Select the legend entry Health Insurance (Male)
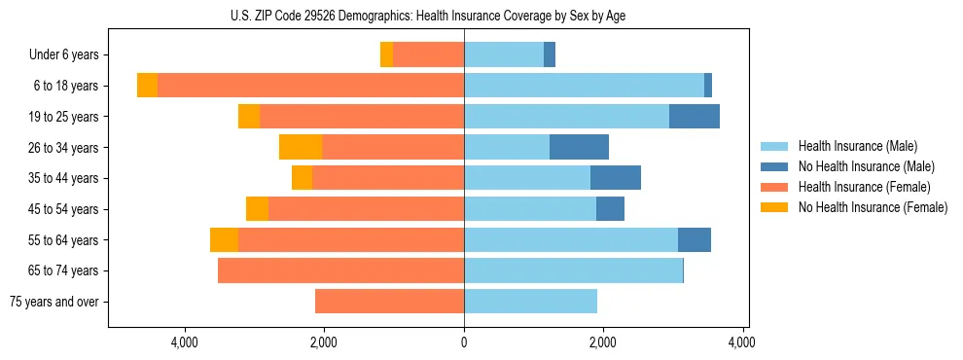coord(857,146)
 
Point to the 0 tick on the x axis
coord(464,342)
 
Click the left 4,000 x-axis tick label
coord(185,342)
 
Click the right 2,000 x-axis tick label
coord(603,342)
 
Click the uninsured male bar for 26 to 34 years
coord(579,147)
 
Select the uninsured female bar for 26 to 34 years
coord(301,147)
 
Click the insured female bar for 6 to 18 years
coord(310,86)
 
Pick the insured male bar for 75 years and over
coord(530,302)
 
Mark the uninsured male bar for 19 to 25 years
coord(695,117)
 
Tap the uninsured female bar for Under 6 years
coord(386,55)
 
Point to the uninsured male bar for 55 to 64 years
coord(695,239)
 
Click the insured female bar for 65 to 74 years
coord(340,270)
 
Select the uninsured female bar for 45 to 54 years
coord(257,209)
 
